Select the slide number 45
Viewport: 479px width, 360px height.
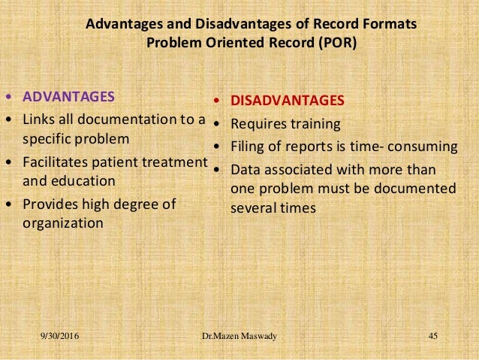(432, 335)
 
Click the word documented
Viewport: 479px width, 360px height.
(421, 188)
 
